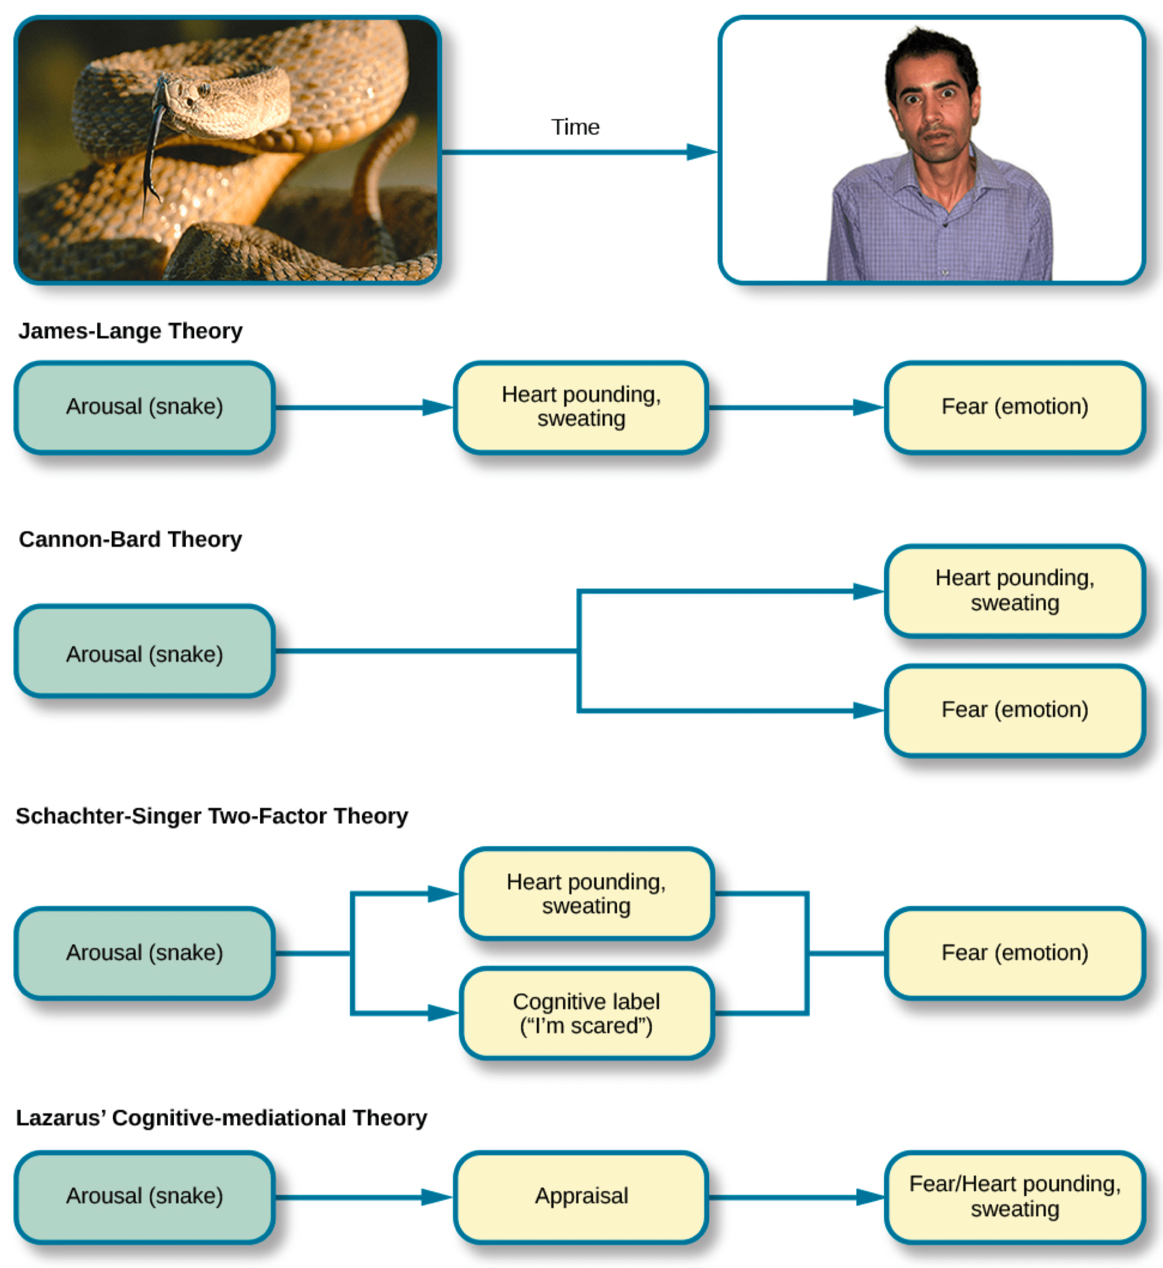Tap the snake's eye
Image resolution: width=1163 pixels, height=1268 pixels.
pyautogui.click(x=204, y=89)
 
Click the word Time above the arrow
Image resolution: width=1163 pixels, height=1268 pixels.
pyautogui.click(x=575, y=128)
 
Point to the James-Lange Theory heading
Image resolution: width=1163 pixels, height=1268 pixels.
pyautogui.click(x=130, y=331)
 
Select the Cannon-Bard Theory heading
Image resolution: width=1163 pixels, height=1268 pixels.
pyautogui.click(x=130, y=539)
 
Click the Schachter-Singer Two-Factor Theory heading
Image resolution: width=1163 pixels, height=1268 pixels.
pyautogui.click(x=211, y=816)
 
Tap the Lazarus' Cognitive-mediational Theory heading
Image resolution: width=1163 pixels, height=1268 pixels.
pyautogui.click(x=221, y=1118)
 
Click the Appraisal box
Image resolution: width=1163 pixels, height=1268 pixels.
pyautogui.click(x=581, y=1197)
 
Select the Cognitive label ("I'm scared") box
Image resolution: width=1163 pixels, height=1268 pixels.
pyautogui.click(x=586, y=1013)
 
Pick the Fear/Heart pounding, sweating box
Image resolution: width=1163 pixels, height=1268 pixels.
pyautogui.click(x=1015, y=1197)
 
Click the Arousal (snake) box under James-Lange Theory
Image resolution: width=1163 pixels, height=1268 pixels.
pyautogui.click(x=145, y=407)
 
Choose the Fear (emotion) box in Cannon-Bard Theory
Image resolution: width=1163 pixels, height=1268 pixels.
pyautogui.click(x=1015, y=710)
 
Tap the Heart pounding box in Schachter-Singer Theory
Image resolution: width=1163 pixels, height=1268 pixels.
pyautogui.click(x=586, y=894)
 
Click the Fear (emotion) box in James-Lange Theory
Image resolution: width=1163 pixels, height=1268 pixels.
pyautogui.click(x=1015, y=407)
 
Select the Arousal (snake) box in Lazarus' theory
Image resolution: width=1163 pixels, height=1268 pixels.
pyautogui.click(x=145, y=1197)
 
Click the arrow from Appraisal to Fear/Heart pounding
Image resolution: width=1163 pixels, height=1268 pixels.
pyautogui.click(x=796, y=1197)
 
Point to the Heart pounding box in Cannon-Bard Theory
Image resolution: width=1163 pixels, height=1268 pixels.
pyautogui.click(x=1015, y=591)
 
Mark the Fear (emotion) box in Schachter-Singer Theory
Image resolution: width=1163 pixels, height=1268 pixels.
pyautogui.click(x=1015, y=953)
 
